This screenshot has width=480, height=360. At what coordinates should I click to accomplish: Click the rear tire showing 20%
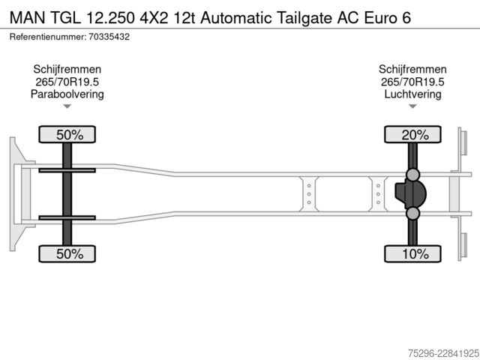(412, 134)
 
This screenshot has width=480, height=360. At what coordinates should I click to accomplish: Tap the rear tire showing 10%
(412, 253)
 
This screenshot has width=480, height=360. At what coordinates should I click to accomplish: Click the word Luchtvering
(412, 94)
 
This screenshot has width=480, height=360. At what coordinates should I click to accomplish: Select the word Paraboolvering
(67, 94)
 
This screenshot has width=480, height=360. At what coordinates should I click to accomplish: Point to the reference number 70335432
(109, 37)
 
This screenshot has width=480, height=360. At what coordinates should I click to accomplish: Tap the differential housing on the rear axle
(410, 193)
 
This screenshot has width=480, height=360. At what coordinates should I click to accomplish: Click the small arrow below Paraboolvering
(67, 106)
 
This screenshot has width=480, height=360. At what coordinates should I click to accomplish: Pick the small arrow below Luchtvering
(412, 106)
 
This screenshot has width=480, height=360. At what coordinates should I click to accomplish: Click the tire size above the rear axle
(412, 82)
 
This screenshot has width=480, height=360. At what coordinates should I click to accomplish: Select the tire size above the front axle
(67, 82)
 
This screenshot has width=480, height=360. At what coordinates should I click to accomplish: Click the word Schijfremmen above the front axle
(67, 70)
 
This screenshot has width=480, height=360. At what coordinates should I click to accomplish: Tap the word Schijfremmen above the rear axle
(412, 70)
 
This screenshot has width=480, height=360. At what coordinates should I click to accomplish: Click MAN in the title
(27, 17)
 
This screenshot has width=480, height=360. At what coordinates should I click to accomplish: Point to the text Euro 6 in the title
(387, 17)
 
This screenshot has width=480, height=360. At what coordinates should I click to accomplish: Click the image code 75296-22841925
(443, 353)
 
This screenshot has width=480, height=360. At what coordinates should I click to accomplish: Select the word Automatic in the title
(236, 17)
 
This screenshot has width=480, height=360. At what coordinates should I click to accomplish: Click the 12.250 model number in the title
(110, 17)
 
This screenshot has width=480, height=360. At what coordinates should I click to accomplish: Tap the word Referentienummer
(48, 37)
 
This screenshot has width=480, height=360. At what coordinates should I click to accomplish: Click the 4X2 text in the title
(154, 17)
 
